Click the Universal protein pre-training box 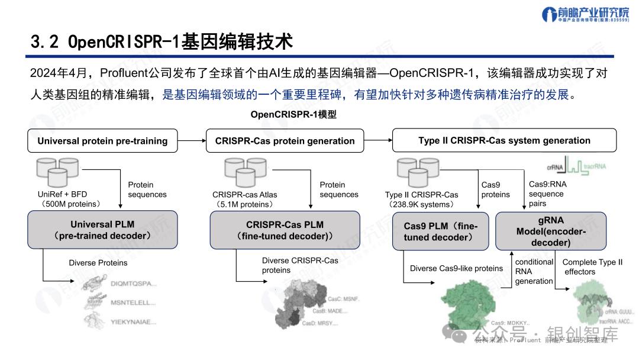(102, 141)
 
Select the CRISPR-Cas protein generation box (285, 141)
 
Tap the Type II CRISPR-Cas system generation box (504, 140)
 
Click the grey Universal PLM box (102, 230)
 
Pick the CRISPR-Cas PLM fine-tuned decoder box (285, 230)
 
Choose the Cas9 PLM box (441, 231)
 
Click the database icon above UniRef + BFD (57, 172)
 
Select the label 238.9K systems (421, 205)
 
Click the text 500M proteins (70, 204)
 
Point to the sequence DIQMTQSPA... (134, 284)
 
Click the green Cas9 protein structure (467, 302)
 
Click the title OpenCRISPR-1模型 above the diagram (293, 114)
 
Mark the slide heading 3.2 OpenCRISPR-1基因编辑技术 (162, 42)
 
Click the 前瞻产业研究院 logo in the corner (586, 15)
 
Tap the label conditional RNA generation (534, 271)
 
